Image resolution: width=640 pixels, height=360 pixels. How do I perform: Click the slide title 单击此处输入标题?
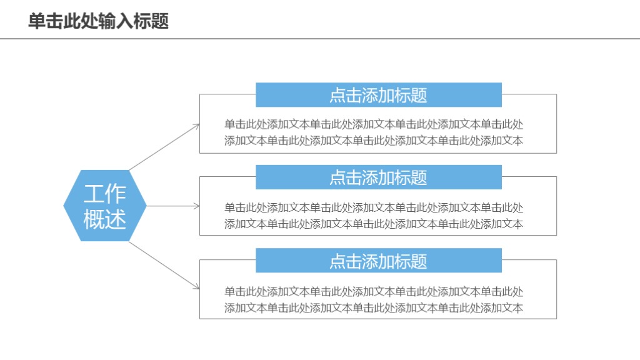pos(98,21)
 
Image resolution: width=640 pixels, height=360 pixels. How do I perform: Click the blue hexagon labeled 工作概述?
pos(105,206)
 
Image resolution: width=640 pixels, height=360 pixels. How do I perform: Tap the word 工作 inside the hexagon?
pos(105,194)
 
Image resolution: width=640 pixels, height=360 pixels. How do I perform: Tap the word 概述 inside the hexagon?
pos(105,219)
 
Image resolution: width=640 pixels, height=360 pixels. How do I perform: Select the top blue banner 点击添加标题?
pos(378,95)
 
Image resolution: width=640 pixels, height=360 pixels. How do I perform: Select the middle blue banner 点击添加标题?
pos(378,177)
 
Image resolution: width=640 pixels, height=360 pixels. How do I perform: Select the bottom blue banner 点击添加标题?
pos(378,261)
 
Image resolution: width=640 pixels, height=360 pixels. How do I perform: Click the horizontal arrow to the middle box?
pos(172,206)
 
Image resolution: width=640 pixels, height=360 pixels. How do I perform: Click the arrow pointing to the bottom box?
pos(164,265)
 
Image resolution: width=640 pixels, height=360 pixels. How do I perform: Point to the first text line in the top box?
pos(374,124)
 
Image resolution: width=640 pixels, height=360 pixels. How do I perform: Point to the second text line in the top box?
pos(374,140)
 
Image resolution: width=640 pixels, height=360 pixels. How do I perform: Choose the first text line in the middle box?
pos(374,207)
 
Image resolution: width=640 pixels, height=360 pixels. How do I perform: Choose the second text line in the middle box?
pos(374,224)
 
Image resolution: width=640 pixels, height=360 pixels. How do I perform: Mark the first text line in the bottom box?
pos(374,291)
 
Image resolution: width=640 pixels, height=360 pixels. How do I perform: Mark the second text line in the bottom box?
pos(374,307)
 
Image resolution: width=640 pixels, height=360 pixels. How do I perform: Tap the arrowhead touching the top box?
pos(196,126)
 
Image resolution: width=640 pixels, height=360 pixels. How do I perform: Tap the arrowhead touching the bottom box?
pos(196,286)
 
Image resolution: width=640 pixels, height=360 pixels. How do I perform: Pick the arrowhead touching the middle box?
pos(197,206)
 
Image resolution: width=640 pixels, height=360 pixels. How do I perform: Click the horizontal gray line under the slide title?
pos(320,39)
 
